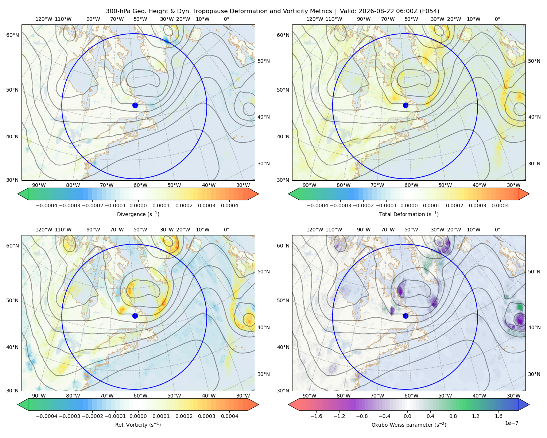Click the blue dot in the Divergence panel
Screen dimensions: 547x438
click(x=135, y=105)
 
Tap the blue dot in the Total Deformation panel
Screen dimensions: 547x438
click(x=406, y=105)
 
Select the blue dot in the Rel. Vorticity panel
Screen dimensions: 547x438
click(x=135, y=316)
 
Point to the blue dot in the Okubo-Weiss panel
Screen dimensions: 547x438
click(x=406, y=316)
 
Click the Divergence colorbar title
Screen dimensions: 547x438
click(x=138, y=214)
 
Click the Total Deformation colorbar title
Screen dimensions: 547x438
click(x=409, y=214)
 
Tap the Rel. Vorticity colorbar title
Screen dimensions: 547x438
click(x=138, y=425)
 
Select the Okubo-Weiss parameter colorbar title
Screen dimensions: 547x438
click(x=409, y=425)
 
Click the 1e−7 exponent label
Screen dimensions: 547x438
click(x=511, y=423)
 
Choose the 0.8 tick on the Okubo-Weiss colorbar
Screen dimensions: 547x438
click(x=453, y=416)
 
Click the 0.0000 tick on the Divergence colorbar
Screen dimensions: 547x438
click(x=138, y=205)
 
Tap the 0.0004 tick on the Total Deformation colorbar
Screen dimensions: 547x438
click(x=500, y=205)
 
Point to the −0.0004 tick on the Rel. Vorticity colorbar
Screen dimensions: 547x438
click(x=47, y=416)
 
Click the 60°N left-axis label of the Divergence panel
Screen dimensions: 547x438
click(x=12, y=35)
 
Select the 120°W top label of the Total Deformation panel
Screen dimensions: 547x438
click(x=315, y=19)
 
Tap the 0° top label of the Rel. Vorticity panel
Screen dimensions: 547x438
click(x=226, y=230)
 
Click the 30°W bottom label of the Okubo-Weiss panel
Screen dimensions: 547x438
click(x=514, y=396)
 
